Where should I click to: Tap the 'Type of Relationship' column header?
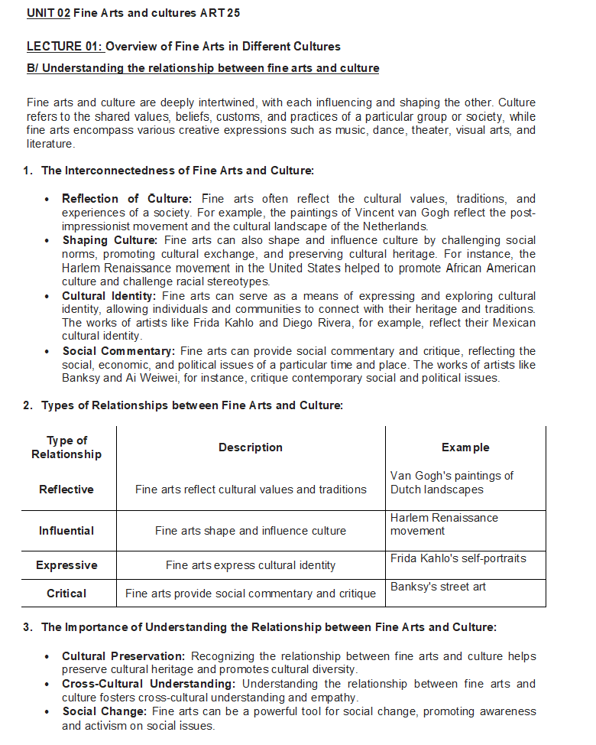tap(66, 447)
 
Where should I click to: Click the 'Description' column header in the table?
tap(251, 447)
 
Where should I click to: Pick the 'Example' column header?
tap(465, 447)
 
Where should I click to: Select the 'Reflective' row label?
tap(66, 490)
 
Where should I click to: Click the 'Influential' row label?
tap(66, 531)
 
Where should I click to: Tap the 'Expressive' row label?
tap(66, 565)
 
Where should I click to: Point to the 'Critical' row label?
tap(66, 594)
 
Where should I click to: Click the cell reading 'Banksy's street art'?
tap(438, 587)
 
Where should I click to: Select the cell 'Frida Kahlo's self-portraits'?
tap(458, 558)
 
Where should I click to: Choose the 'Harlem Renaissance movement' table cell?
tap(444, 524)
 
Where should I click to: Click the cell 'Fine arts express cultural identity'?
tap(251, 565)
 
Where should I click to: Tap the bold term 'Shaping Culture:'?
tap(109, 240)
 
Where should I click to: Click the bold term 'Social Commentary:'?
tap(118, 350)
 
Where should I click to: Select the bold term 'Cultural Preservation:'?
tap(123, 656)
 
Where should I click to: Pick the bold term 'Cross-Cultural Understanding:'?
tap(148, 684)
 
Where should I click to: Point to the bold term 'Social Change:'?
tap(104, 711)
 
